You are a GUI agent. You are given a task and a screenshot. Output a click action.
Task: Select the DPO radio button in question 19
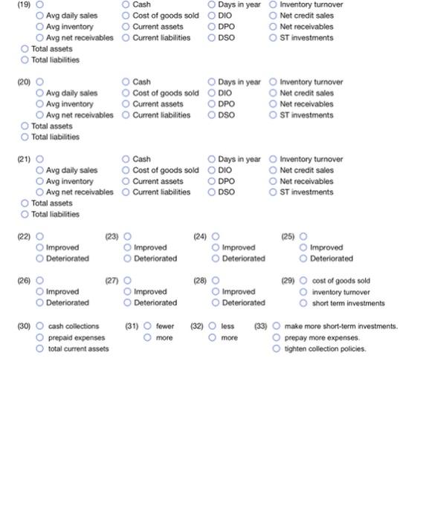pyautogui.click(x=212, y=27)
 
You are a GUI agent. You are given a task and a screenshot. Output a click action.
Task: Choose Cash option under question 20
pyautogui.click(x=126, y=82)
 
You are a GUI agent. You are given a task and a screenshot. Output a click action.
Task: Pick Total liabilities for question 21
pyautogui.click(x=25, y=215)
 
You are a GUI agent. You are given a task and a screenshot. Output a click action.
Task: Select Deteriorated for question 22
pyautogui.click(x=40, y=259)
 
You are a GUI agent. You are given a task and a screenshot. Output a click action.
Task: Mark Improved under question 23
pyautogui.click(x=127, y=247)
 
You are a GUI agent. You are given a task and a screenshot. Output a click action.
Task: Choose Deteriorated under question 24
pyautogui.click(x=216, y=259)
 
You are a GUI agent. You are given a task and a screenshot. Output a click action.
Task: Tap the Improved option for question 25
pyautogui.click(x=304, y=247)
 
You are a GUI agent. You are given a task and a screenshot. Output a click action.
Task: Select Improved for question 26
pyautogui.click(x=40, y=292)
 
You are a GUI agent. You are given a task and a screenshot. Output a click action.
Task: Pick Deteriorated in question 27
pyautogui.click(x=127, y=303)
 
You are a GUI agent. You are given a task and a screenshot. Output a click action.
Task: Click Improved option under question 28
pyautogui.click(x=216, y=292)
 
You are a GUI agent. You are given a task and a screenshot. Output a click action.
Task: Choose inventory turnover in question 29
pyautogui.click(x=304, y=292)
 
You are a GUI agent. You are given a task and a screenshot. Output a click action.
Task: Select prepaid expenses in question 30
pyautogui.click(x=40, y=338)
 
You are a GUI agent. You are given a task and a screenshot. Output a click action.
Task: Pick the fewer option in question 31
pyautogui.click(x=147, y=326)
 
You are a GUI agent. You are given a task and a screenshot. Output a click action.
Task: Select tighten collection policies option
pyautogui.click(x=277, y=349)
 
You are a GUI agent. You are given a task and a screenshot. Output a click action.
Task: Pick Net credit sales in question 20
pyautogui.click(x=274, y=93)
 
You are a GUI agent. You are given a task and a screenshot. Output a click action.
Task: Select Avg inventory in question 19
pyautogui.click(x=40, y=27)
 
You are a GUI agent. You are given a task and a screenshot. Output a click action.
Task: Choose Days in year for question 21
pyautogui.click(x=212, y=159)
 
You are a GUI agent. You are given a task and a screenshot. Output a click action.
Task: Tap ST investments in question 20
pyautogui.click(x=274, y=115)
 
